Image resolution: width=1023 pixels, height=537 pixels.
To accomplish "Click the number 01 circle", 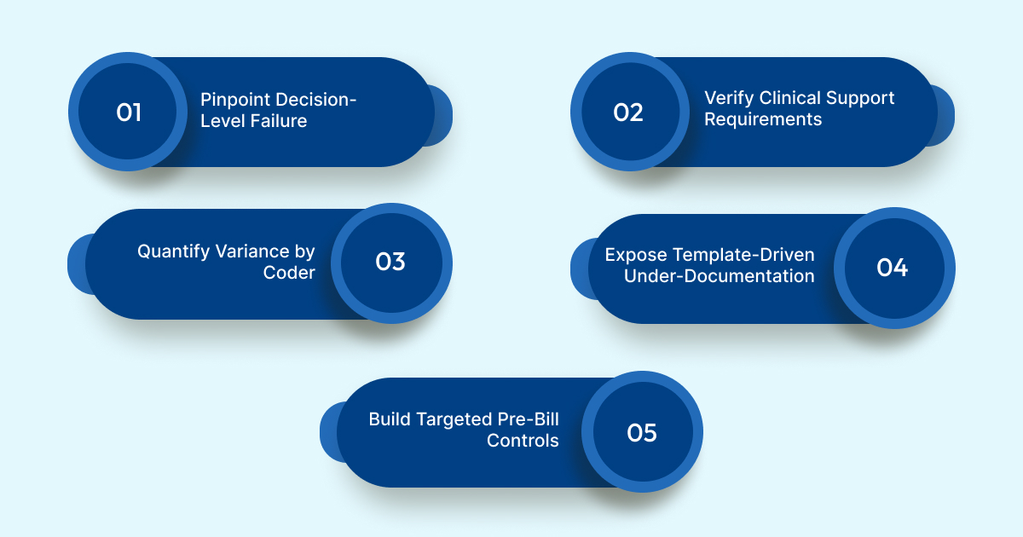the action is coord(129,113).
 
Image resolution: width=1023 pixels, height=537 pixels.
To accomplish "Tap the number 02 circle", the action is coord(629,113).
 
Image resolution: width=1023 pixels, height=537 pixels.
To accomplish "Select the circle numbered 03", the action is coord(390,263).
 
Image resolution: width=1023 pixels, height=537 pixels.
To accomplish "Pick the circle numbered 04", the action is coord(893,268).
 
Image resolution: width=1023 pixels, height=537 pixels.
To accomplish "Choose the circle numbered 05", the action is coord(643,432).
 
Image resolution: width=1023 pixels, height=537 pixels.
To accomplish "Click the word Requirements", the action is coord(763,119).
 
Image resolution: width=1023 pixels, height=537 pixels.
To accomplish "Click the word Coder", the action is coord(289,273).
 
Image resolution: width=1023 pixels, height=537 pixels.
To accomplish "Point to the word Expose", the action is coord(636,255).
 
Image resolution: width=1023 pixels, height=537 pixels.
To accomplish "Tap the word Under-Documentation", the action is coord(719,276).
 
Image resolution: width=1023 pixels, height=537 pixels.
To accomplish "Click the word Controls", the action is coord(523,441).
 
